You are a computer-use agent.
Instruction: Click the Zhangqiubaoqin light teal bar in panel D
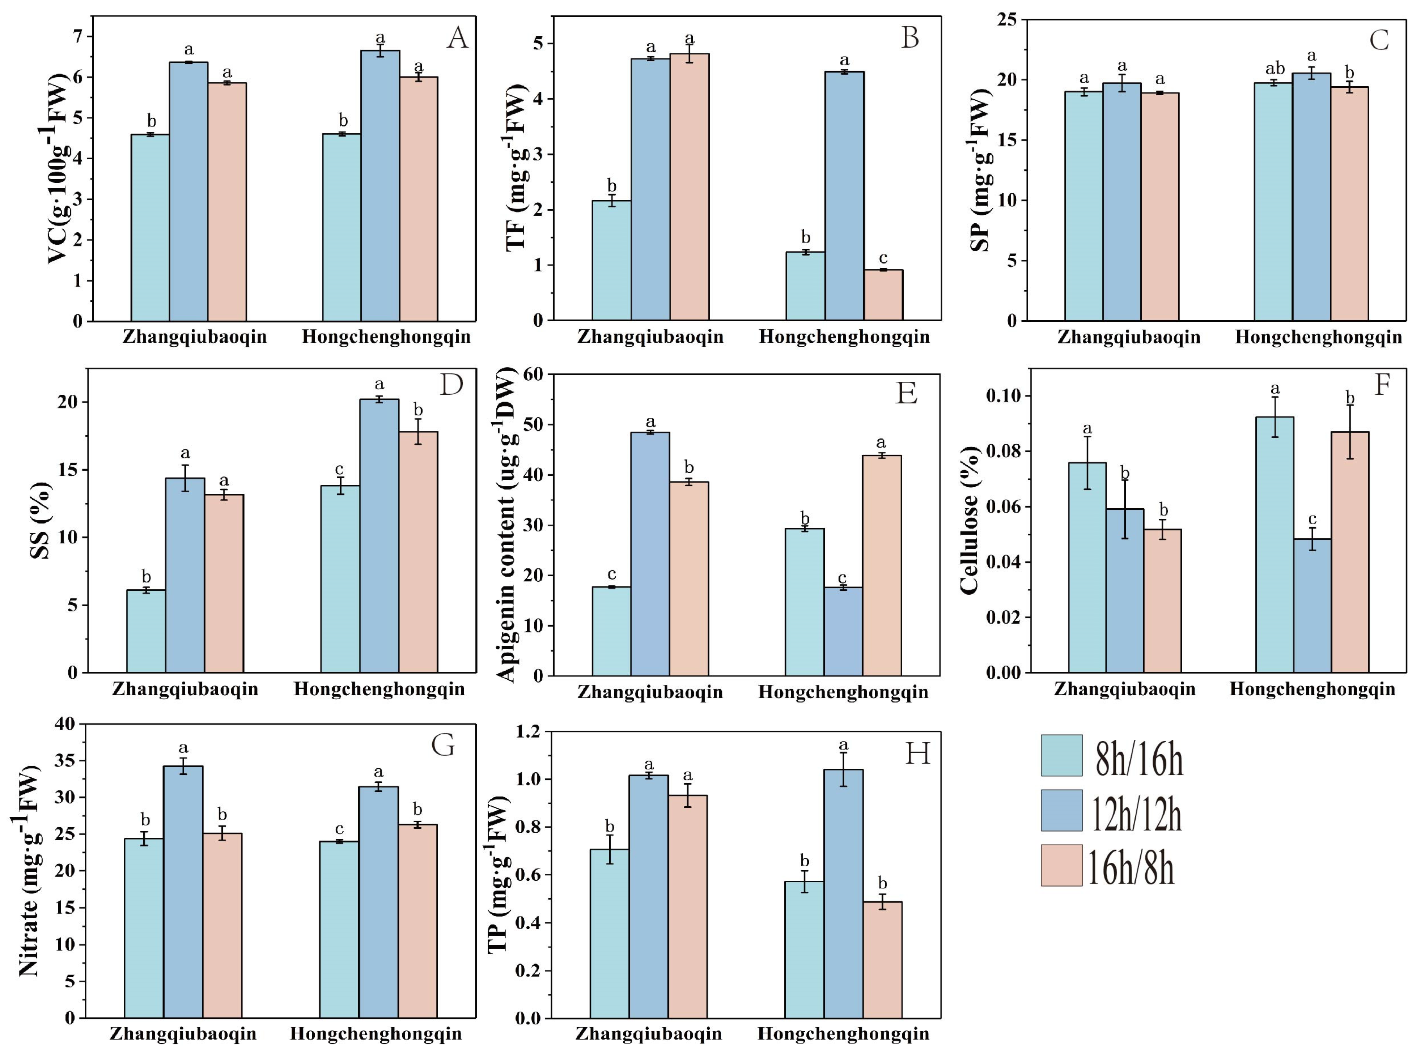click(x=146, y=631)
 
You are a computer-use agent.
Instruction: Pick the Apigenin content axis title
click(x=507, y=524)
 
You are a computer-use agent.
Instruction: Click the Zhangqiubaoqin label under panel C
click(x=1129, y=338)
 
